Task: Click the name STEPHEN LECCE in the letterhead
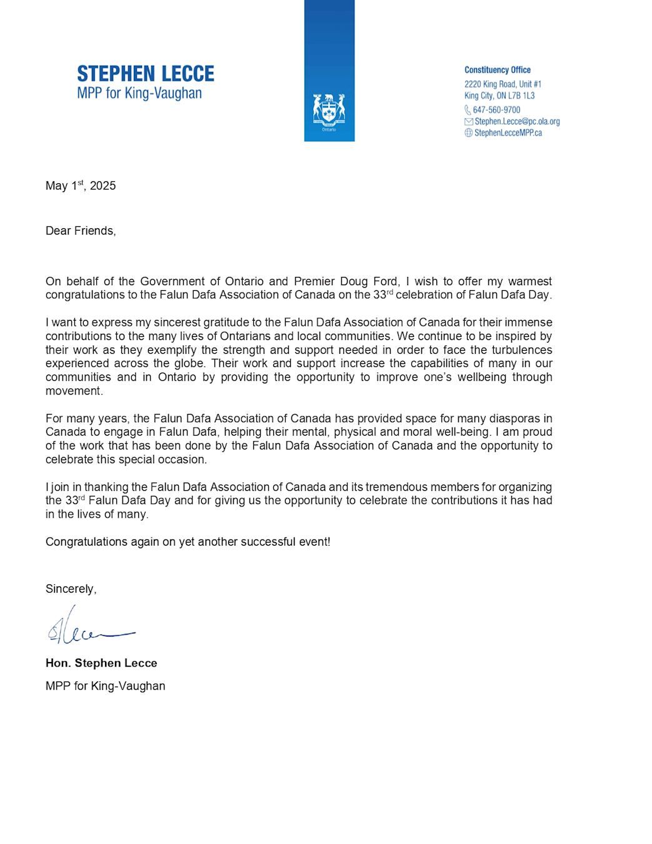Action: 145,74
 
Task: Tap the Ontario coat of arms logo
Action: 329,111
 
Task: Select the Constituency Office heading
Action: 497,70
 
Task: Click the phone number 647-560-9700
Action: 496,110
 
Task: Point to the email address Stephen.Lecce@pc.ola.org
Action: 517,121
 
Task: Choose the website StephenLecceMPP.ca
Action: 508,133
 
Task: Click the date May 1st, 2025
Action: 81,186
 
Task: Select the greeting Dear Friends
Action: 81,231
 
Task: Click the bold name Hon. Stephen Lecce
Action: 101,663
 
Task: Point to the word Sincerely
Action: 71,589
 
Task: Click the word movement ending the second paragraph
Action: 74,391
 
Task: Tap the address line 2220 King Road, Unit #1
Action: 503,84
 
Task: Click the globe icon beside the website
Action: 468,133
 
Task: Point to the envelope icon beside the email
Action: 468,121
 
